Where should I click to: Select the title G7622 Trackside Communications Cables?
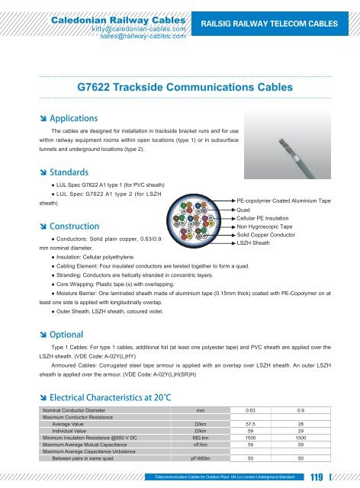tap(185, 87)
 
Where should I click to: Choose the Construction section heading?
tap(70, 226)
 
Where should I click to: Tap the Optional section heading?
tap(63, 333)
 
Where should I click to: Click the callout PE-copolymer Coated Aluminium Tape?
tap(284, 201)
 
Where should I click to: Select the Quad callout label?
tap(244, 210)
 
